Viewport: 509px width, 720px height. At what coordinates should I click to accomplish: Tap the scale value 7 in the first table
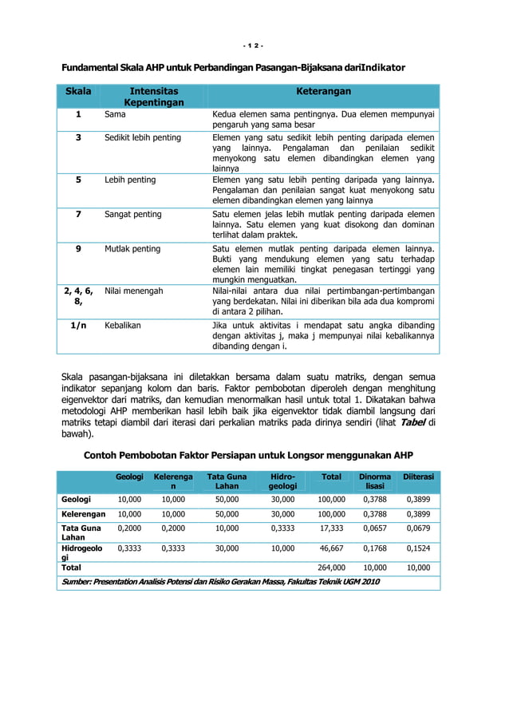click(x=78, y=215)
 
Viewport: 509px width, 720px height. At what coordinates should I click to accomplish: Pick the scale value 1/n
click(x=78, y=326)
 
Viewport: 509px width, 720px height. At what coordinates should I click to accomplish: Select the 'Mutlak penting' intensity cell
click(x=132, y=249)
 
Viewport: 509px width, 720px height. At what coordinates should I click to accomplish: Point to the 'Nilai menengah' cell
click(x=134, y=291)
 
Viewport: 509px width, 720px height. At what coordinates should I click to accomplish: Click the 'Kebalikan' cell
click(x=124, y=326)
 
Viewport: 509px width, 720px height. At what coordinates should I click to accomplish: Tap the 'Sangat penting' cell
click(x=133, y=215)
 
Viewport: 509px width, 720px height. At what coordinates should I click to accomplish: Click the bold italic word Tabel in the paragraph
click(x=412, y=421)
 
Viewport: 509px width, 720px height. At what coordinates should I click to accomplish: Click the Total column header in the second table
click(x=331, y=477)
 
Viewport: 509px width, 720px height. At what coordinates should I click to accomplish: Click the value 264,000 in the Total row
click(x=331, y=568)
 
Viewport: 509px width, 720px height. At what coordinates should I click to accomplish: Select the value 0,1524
click(x=418, y=549)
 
